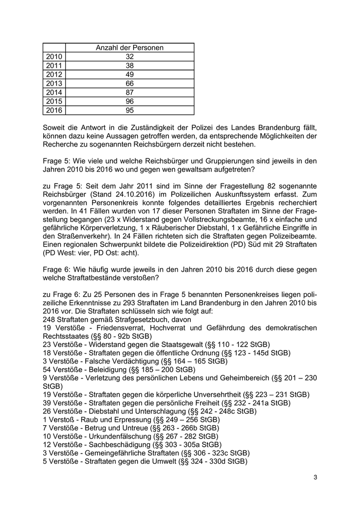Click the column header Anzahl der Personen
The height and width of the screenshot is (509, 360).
tap(130, 48)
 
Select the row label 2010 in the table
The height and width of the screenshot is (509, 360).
tap(53, 57)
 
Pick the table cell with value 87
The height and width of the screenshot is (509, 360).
tap(130, 92)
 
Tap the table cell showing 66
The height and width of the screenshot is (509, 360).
tap(130, 83)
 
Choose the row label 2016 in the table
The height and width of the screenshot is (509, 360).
tap(53, 110)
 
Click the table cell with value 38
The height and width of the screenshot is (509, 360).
tap(130, 65)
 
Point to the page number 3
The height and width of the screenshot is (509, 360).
tap(315, 478)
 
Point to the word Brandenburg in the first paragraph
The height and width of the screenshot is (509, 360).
tap(285, 127)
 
